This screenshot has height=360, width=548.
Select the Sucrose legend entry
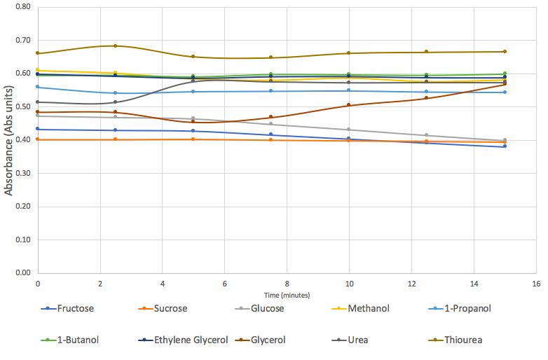tap(172, 308)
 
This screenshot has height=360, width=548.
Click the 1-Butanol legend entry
tap(79, 340)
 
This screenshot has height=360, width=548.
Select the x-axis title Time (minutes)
tap(287, 296)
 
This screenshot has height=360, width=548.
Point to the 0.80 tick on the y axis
tap(22, 7)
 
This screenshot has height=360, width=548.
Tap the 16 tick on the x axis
tap(535, 284)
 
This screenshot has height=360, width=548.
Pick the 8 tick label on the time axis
tap(287, 284)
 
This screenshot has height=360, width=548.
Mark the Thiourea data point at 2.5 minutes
tap(115, 46)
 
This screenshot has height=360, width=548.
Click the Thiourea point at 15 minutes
tap(505, 51)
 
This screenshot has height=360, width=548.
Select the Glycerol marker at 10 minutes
tap(349, 105)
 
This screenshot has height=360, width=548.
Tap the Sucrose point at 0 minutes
tap(37, 139)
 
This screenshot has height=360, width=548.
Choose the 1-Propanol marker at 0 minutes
tap(37, 87)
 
